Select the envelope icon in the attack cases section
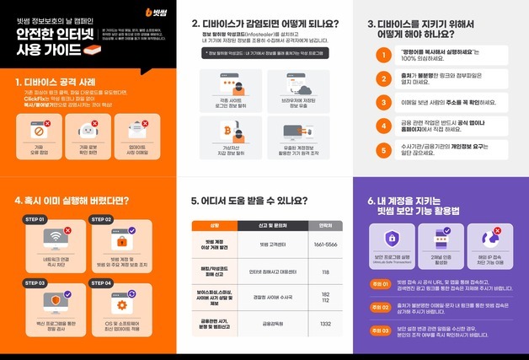137,128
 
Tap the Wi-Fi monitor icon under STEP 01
56,235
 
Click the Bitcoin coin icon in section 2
227,131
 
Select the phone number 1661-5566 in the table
324,244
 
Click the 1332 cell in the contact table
324,323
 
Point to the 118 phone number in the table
324,272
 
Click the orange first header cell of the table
213,225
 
